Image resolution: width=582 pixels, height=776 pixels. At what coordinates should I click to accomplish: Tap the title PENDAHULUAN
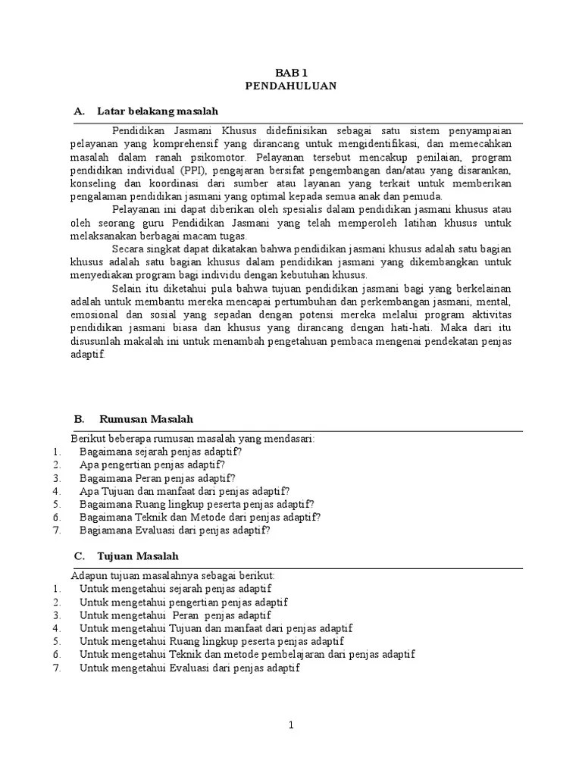(290, 86)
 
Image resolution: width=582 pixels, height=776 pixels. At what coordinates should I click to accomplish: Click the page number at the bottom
(290, 725)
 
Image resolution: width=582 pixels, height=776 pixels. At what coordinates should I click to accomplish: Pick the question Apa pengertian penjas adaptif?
(152, 465)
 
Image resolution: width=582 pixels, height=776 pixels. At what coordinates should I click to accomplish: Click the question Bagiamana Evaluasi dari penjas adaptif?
(174, 530)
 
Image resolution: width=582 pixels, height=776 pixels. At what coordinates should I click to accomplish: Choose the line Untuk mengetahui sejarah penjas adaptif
(175, 588)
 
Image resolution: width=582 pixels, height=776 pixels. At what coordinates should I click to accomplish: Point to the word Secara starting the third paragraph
(128, 249)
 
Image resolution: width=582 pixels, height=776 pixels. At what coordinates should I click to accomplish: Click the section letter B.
(78, 419)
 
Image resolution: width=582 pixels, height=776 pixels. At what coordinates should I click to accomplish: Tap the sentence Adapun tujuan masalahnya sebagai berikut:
(173, 575)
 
